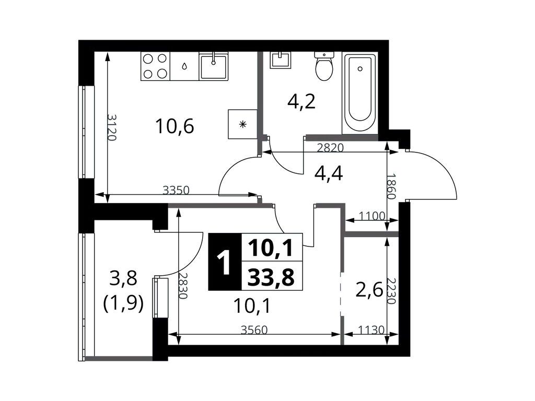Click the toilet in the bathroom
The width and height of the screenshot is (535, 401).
[x=324, y=66]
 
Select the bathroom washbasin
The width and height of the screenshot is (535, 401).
[x=281, y=60]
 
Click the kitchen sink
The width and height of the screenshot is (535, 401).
[x=214, y=66]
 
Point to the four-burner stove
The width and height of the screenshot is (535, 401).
[x=155, y=66]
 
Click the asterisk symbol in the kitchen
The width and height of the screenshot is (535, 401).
[x=242, y=124]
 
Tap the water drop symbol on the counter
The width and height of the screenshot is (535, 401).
[x=184, y=66]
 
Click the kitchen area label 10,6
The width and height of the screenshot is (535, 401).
[x=175, y=126]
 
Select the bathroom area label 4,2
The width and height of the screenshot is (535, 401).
[x=301, y=101]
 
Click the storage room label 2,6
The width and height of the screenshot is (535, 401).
[x=369, y=291]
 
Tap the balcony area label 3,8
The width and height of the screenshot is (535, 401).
[x=123, y=278]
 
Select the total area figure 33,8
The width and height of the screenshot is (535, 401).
[x=271, y=277]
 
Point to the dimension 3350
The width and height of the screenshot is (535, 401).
[x=176, y=190]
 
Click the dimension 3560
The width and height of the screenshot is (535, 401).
[x=254, y=330]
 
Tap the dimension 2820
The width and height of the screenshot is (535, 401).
[x=330, y=148]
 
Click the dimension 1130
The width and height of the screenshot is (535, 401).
[x=371, y=330]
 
